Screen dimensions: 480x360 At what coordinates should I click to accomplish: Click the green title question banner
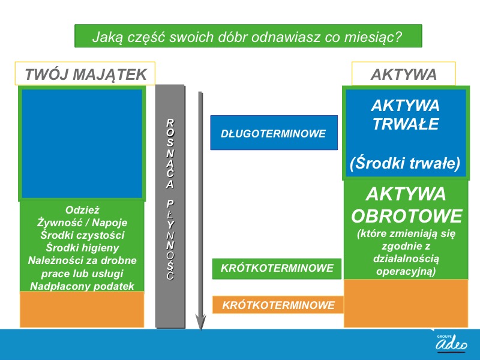click(248, 36)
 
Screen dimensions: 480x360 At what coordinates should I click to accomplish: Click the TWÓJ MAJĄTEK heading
click(86, 74)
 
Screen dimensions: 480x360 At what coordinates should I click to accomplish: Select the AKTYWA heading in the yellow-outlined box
click(403, 74)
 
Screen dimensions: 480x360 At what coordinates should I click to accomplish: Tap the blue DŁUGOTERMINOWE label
click(274, 133)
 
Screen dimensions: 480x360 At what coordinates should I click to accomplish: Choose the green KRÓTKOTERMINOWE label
click(277, 268)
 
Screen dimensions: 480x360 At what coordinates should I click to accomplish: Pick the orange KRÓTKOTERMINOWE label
click(278, 305)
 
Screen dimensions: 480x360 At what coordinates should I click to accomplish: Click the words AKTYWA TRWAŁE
click(406, 115)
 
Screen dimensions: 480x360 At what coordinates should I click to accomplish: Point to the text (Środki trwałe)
click(405, 163)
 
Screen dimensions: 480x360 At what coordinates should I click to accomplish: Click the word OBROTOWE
click(407, 216)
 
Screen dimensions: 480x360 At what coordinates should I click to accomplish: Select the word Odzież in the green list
click(82, 210)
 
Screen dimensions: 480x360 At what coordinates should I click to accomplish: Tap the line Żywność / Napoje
click(82, 223)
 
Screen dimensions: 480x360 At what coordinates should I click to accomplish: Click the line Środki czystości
click(82, 235)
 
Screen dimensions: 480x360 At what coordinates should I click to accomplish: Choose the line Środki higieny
click(82, 248)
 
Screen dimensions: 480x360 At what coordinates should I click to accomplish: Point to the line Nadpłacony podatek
click(82, 286)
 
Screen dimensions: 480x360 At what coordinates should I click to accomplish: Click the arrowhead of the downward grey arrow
click(200, 323)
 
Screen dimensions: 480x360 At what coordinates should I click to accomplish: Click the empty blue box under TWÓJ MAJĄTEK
click(82, 143)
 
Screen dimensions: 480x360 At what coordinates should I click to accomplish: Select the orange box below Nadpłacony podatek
click(82, 310)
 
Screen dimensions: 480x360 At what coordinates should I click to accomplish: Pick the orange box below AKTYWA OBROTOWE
click(406, 304)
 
